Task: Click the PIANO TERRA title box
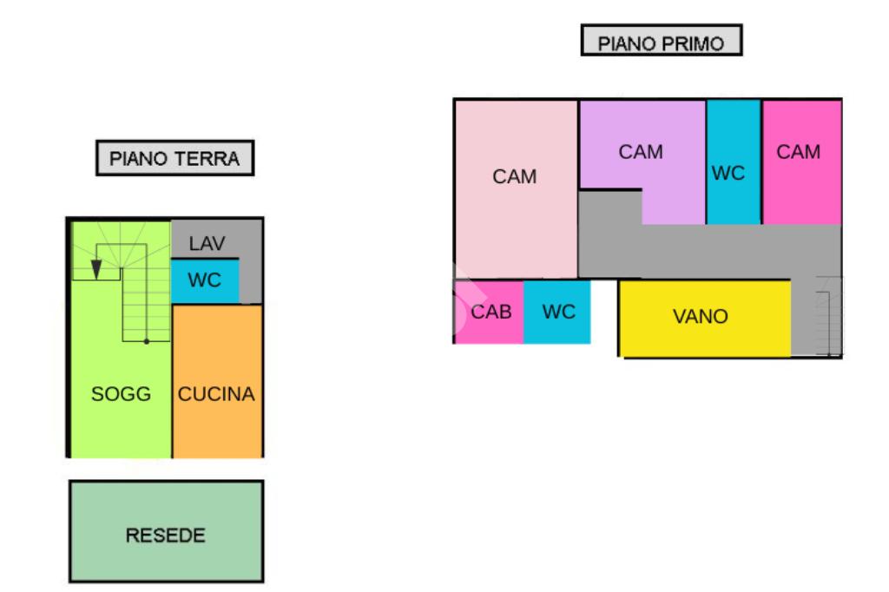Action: [x=175, y=159]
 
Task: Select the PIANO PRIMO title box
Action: [x=662, y=41]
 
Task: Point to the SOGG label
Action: [x=122, y=394]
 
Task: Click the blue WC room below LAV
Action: [x=205, y=281]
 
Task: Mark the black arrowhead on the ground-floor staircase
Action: [x=96, y=271]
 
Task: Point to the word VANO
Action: [x=701, y=318]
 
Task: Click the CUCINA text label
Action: [x=217, y=394]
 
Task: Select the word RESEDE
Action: [x=166, y=536]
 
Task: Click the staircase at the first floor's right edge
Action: [x=829, y=317]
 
